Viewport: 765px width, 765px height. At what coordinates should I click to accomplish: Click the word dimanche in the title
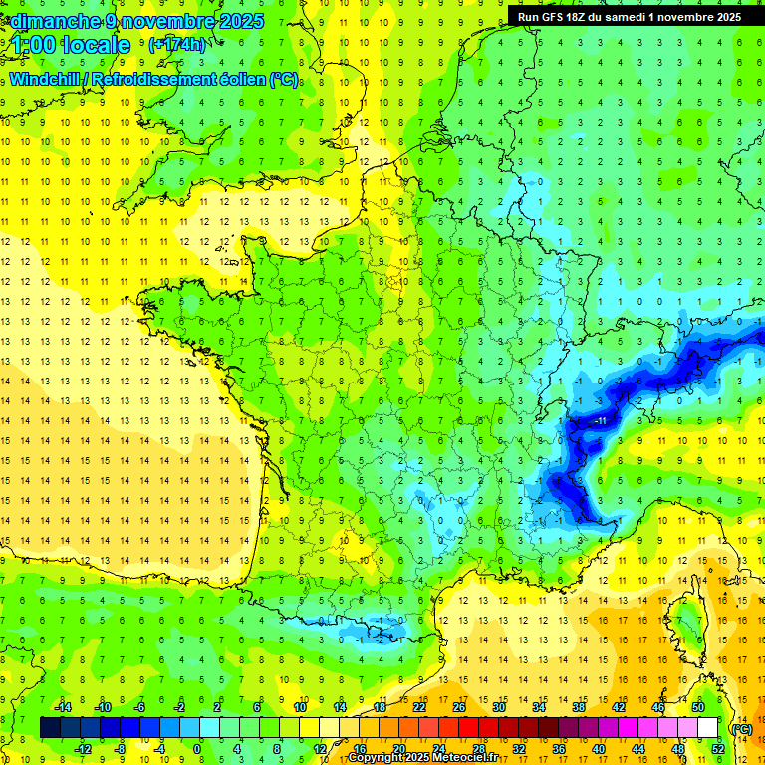point(56,21)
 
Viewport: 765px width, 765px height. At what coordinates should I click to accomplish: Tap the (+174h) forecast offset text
point(177,44)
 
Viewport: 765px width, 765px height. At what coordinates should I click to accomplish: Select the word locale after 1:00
point(96,45)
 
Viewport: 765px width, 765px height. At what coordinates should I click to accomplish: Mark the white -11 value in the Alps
point(600,422)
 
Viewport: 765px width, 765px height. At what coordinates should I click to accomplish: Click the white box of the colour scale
point(708,728)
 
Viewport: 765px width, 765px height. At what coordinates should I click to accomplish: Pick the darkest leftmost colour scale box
point(50,728)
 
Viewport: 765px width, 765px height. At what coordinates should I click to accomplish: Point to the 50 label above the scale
point(697,707)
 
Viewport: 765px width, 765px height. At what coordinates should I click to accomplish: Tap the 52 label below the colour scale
point(717,749)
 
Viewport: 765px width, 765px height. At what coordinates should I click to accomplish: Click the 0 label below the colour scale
point(197,749)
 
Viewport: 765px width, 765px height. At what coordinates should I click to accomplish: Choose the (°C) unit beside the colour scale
point(741,729)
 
